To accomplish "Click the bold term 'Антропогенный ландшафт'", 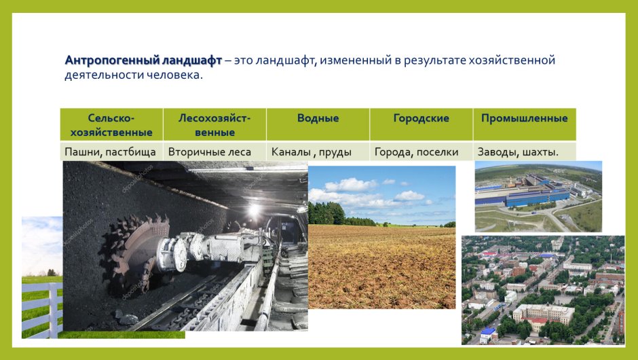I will point(143,60).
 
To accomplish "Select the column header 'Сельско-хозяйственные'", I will point(111,125).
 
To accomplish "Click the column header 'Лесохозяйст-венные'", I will point(214,125).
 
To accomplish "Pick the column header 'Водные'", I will point(318,118).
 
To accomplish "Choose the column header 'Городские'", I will point(421,118).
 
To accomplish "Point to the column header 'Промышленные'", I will point(524,118).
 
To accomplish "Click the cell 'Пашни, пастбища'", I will point(111,152).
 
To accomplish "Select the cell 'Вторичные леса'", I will point(210,152).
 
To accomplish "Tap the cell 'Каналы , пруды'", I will point(312,152).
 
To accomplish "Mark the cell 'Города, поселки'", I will point(416,152).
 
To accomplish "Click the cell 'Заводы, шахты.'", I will point(518,152).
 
